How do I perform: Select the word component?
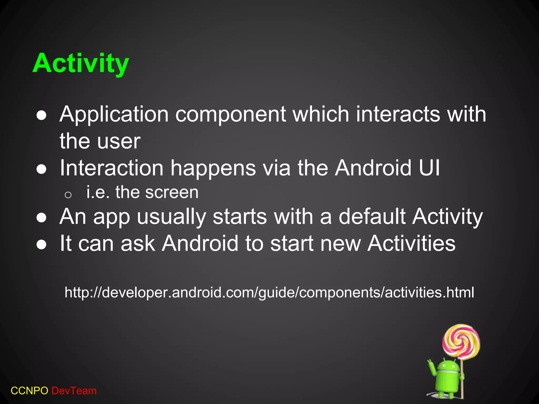click(x=231, y=115)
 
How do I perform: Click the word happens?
click(x=213, y=169)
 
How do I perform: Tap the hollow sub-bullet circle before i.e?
click(x=68, y=195)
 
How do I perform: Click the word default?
click(x=372, y=216)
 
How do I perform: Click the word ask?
click(x=138, y=243)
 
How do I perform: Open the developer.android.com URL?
click(x=269, y=292)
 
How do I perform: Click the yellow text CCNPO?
click(x=29, y=391)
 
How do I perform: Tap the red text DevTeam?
click(x=74, y=391)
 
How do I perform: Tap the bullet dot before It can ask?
click(x=42, y=245)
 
